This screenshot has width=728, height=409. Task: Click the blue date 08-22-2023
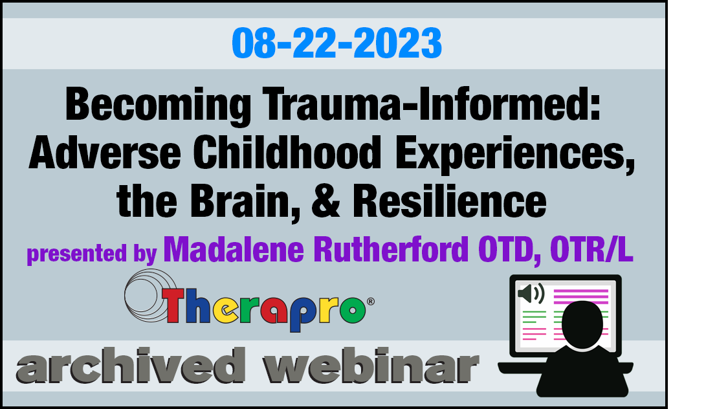336,43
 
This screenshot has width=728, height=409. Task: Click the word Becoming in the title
158,105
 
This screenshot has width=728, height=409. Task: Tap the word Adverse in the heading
104,153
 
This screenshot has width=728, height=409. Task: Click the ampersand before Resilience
326,201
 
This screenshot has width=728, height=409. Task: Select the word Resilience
450,201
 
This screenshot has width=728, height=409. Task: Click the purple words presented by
92,254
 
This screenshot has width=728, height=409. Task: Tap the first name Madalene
234,250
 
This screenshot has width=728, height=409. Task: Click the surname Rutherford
391,250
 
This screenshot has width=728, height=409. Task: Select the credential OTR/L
591,250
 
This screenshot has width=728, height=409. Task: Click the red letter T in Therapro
174,305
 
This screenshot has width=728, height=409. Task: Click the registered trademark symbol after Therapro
371,302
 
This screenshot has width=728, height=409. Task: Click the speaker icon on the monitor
531,294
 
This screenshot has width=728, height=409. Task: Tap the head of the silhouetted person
582,324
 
